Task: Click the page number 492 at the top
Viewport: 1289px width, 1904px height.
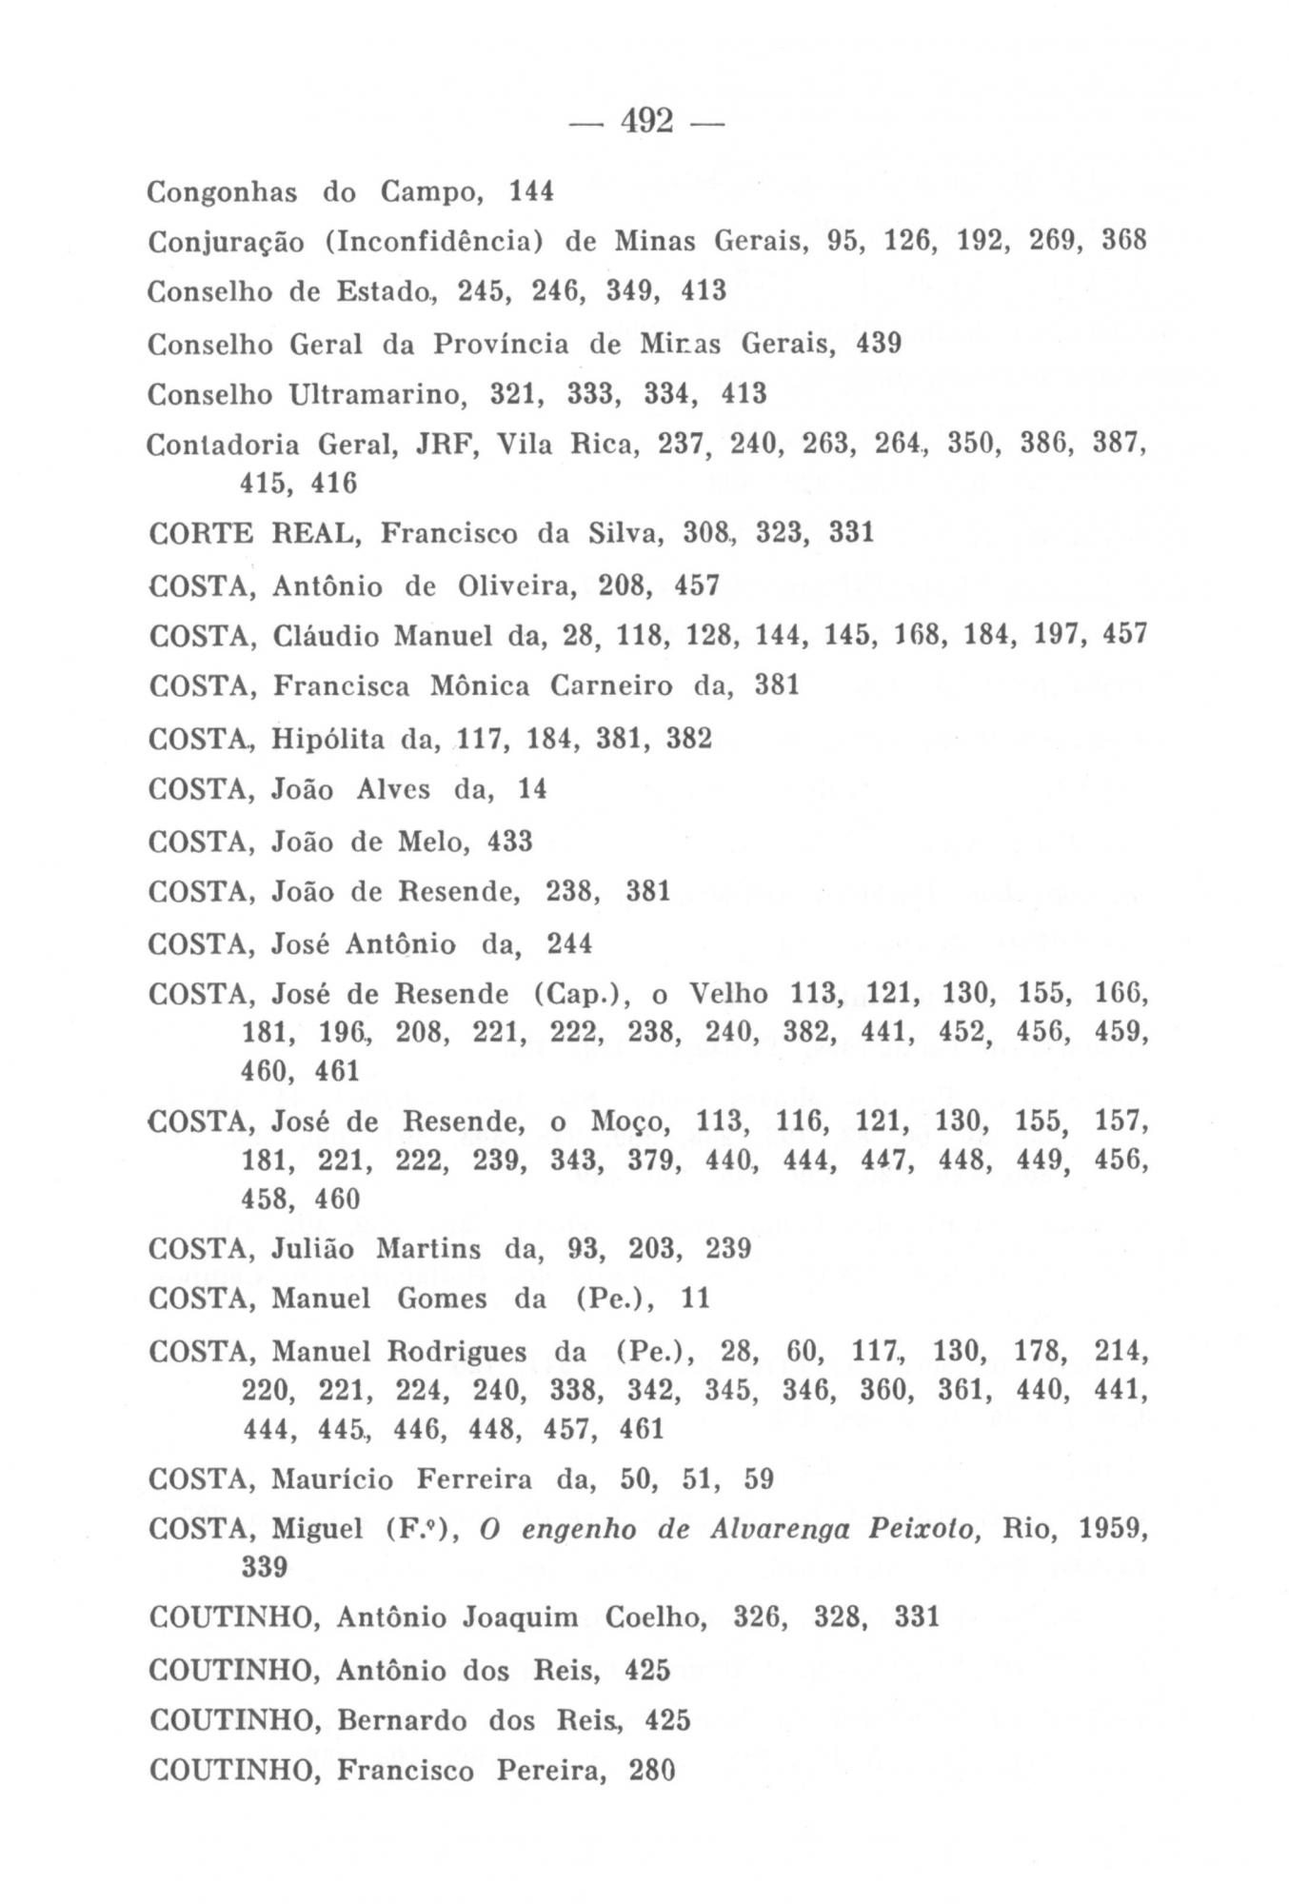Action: pos(647,121)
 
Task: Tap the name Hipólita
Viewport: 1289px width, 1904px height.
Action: pos(328,739)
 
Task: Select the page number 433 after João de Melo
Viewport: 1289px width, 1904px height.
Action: pos(509,842)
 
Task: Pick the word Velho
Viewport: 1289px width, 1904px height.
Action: pos(727,994)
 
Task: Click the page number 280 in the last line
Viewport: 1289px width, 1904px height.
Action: pos(651,1772)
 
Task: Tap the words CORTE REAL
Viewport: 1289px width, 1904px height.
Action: pos(252,533)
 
